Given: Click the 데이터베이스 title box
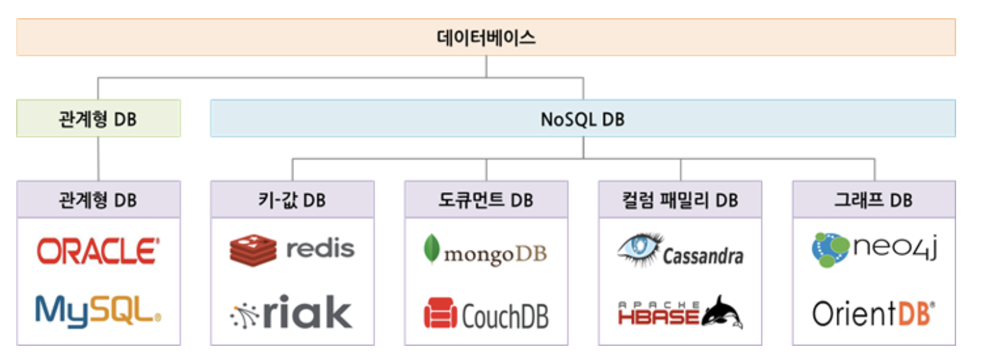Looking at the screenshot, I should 485,37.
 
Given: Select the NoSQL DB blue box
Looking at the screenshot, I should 582,118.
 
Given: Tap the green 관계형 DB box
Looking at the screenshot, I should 98,118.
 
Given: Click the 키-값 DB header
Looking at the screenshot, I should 292,199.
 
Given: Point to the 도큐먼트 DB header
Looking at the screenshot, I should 485,199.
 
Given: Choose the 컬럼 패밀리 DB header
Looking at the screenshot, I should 680,199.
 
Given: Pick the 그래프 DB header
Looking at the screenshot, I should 874,199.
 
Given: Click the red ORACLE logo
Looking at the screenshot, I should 98,251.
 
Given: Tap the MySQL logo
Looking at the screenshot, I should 98,310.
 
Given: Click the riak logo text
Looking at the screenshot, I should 307,312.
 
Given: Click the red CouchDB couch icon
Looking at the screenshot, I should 440,314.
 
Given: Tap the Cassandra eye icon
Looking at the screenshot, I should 639,247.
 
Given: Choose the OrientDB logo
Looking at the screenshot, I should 874,313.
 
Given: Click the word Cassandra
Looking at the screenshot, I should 703,256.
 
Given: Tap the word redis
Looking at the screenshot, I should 320,249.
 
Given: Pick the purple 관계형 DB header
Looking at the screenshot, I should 98,199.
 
